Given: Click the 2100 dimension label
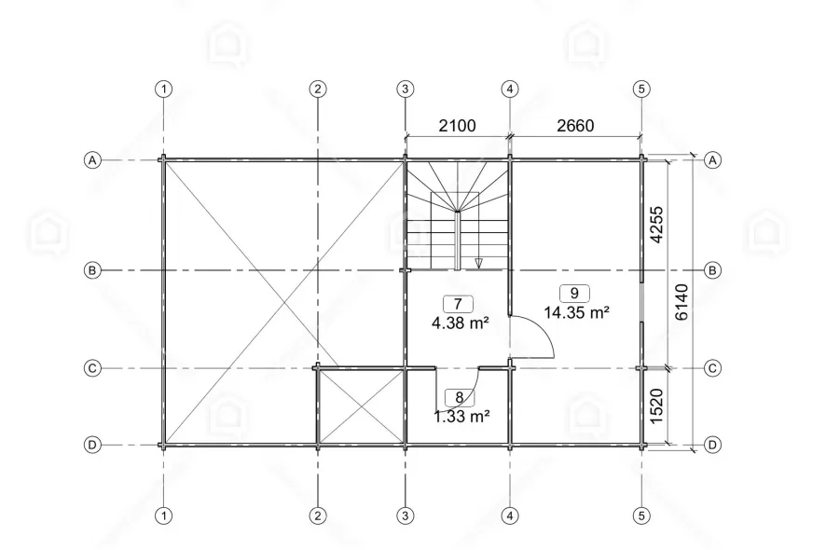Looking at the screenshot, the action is coord(457,126).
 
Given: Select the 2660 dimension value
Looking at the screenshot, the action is coord(575,126).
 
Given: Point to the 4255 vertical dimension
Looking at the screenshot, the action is coord(656,225).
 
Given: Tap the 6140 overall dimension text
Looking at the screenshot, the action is coord(681,302).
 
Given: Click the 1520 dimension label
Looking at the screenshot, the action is coord(656,406).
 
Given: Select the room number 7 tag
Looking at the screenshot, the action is coord(458,304).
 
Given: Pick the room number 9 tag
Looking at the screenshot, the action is coord(574,293).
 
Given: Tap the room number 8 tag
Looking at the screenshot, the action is coord(460,398).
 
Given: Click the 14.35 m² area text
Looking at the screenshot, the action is coord(577,312).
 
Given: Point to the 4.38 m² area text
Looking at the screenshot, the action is coord(461,323).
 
